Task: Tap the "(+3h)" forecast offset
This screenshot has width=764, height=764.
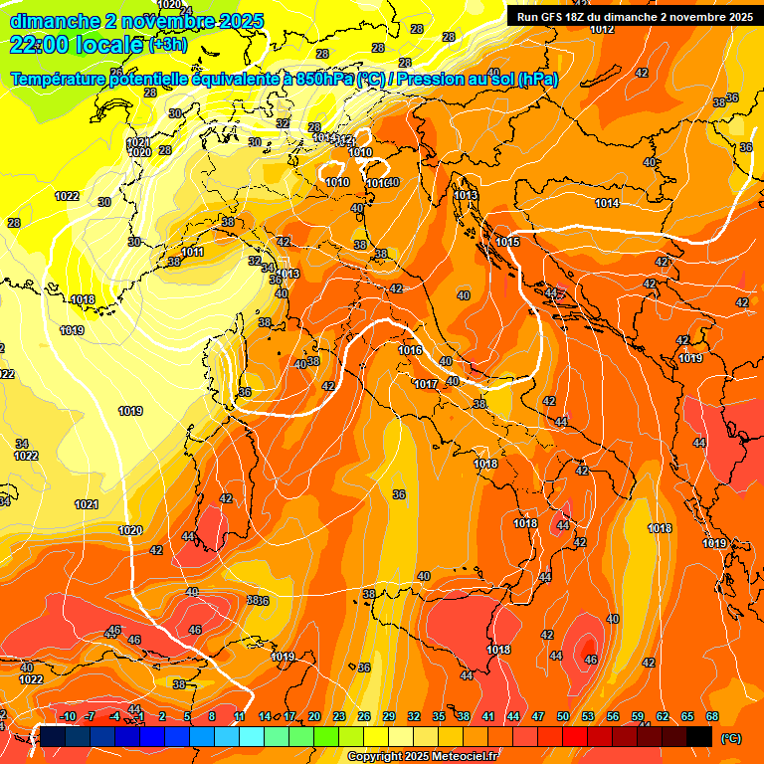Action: click(x=167, y=45)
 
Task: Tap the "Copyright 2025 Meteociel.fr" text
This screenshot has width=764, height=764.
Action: click(x=423, y=757)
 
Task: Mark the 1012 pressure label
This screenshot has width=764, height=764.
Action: click(x=601, y=29)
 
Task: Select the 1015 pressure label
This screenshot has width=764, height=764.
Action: click(x=507, y=242)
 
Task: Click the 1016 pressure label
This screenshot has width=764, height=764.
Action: click(x=410, y=350)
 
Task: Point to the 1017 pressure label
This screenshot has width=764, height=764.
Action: click(x=426, y=384)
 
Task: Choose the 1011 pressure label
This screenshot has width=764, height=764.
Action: click(x=192, y=253)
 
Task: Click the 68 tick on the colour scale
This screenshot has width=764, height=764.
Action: click(x=712, y=717)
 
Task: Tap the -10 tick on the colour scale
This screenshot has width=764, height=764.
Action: click(x=68, y=717)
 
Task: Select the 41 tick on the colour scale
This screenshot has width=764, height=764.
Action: click(x=488, y=717)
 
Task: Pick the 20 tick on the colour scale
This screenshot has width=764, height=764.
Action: click(x=314, y=717)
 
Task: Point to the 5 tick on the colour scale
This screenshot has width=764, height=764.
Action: click(x=188, y=717)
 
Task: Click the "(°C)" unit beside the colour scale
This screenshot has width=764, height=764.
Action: click(x=731, y=737)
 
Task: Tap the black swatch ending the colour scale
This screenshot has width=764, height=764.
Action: click(x=699, y=736)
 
